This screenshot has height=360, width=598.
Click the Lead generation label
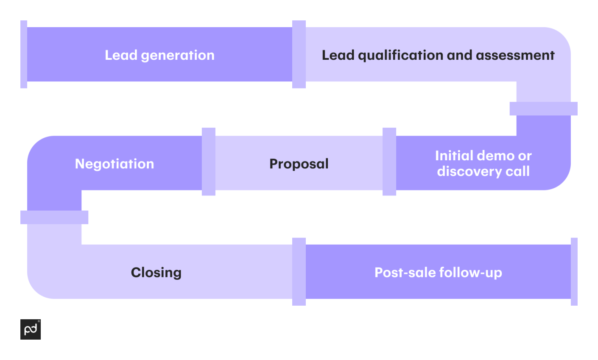[159, 55]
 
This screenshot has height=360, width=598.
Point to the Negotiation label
[115, 164]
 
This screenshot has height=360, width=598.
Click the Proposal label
[299, 164]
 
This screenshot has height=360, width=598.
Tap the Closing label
[156, 272]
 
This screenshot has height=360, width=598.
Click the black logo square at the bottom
[31, 329]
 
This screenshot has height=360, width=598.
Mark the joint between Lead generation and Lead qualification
[299, 54]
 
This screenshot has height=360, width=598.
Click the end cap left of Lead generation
[24, 54]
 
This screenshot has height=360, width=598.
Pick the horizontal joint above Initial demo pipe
[543, 109]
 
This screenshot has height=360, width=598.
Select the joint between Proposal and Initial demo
[389, 162]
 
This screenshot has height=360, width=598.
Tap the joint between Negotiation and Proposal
[209, 162]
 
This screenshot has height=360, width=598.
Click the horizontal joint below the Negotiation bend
[54, 217]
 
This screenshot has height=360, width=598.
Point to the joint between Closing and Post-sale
[299, 271]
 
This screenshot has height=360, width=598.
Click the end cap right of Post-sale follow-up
[574, 271]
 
